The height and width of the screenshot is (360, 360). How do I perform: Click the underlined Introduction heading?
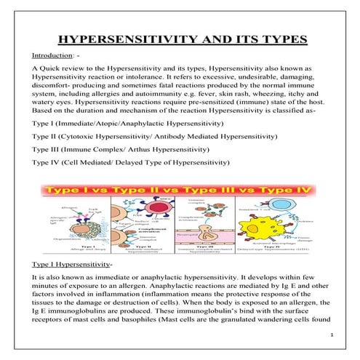pos(50,55)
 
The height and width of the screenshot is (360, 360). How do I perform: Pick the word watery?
pos(44,114)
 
